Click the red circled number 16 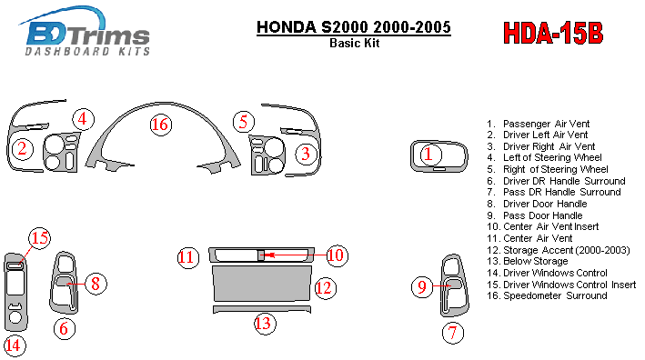[160, 125]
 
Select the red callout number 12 [325, 288]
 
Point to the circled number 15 [39, 238]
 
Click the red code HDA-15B [553, 33]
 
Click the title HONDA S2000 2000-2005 [354, 27]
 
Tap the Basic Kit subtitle [354, 43]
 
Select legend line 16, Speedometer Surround [547, 295]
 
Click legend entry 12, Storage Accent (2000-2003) [559, 250]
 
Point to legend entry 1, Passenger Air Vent [538, 124]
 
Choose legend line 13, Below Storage [527, 262]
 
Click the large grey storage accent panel [262, 283]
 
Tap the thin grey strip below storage [262, 308]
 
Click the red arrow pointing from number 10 [296, 255]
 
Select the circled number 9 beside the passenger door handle [422, 287]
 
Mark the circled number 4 [83, 119]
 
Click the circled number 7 [453, 333]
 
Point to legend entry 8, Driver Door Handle [537, 204]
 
